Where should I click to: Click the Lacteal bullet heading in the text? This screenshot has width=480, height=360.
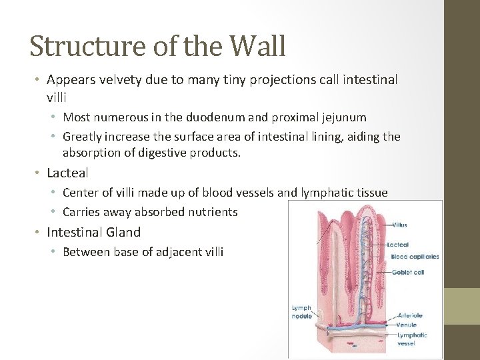tap(67, 173)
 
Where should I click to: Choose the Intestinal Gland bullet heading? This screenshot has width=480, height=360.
tap(93, 232)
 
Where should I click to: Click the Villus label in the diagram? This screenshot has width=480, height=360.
tap(400, 225)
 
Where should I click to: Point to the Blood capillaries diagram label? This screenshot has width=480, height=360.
tap(415, 256)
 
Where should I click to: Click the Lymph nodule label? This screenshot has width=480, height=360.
tap(302, 312)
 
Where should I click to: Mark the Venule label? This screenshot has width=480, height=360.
tap(407, 325)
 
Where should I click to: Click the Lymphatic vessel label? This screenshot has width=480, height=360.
tap(411, 339)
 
